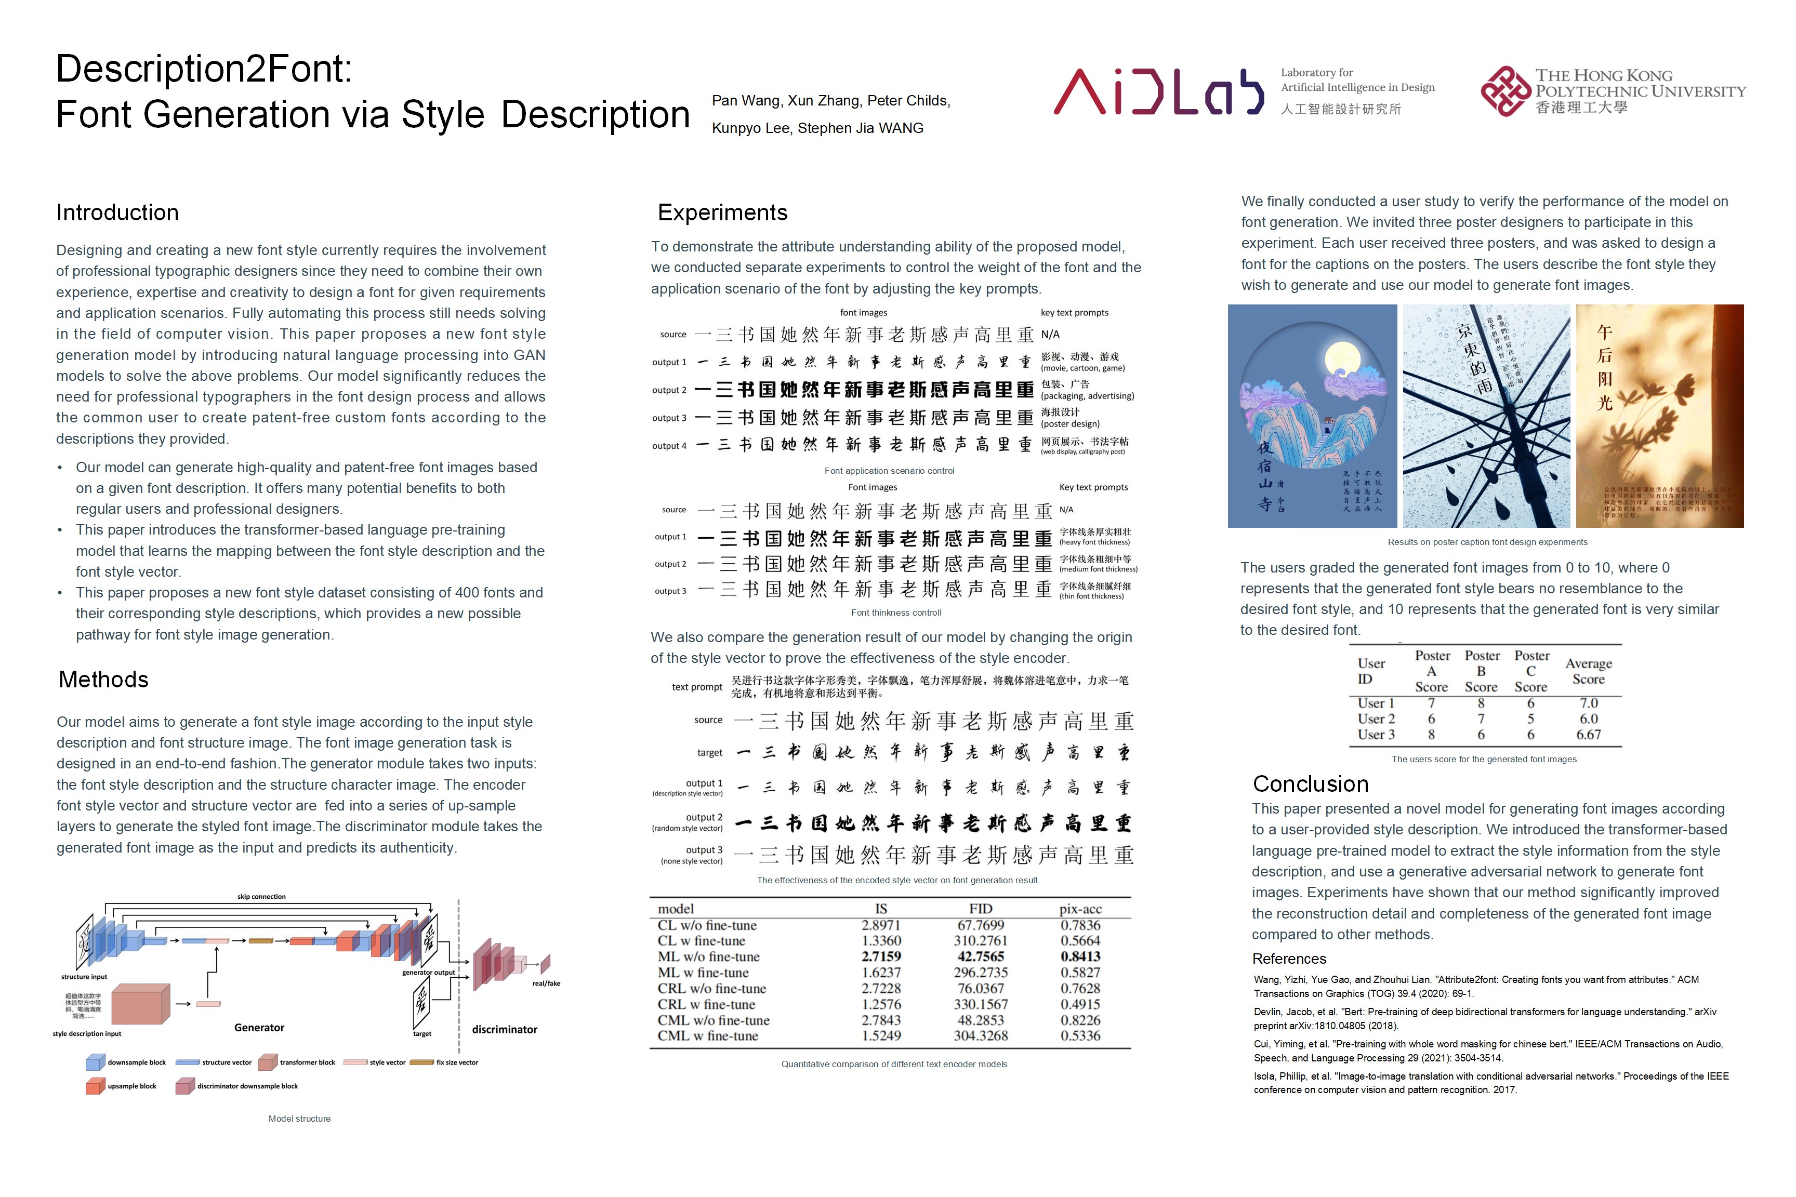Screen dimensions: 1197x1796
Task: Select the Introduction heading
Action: click(x=117, y=212)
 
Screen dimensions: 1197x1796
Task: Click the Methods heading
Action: click(x=104, y=680)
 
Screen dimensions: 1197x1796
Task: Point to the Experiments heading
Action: click(x=722, y=212)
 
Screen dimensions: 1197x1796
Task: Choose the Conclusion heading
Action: click(x=1310, y=784)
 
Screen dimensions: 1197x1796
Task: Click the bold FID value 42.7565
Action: click(x=981, y=956)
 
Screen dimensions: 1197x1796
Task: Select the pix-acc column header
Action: click(x=1080, y=909)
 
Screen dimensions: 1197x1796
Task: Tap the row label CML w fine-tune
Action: click(x=708, y=1036)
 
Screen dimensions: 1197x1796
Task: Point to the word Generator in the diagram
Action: click(x=259, y=1028)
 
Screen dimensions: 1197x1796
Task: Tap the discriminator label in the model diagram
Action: click(x=504, y=1029)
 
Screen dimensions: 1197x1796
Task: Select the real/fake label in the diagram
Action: click(x=546, y=983)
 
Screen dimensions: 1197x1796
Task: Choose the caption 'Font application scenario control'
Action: click(x=889, y=471)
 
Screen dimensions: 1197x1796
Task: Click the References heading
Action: click(x=1289, y=959)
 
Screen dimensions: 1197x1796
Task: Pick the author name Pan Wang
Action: click(x=746, y=101)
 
